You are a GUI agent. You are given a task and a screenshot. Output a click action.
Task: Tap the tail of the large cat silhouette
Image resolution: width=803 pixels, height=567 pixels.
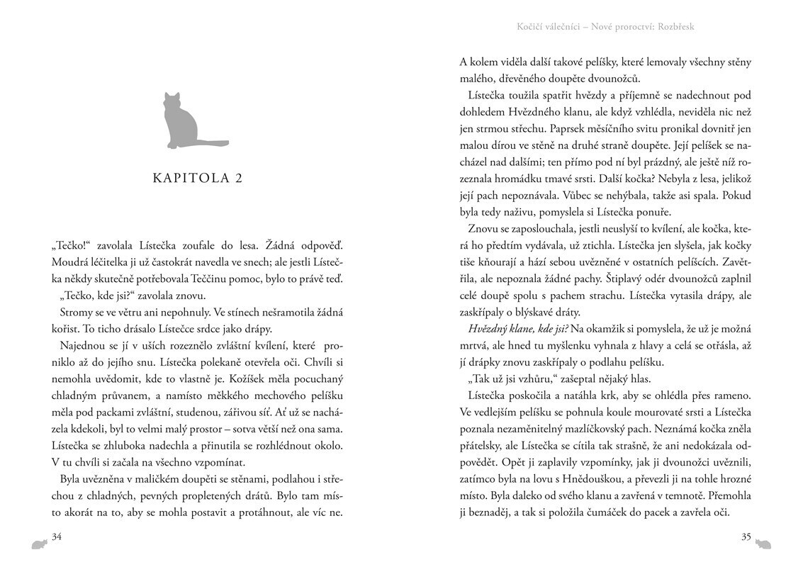pyautogui.click(x=212, y=144)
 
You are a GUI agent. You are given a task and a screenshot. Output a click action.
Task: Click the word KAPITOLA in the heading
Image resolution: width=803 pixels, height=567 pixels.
pyautogui.click(x=187, y=179)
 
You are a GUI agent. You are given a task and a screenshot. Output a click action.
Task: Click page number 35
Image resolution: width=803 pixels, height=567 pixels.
pyautogui.click(x=746, y=537)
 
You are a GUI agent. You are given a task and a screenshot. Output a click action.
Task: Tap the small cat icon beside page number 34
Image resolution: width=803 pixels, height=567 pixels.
pyautogui.click(x=38, y=544)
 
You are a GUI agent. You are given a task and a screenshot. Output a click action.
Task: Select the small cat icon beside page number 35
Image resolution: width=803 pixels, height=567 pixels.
pyautogui.click(x=764, y=544)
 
